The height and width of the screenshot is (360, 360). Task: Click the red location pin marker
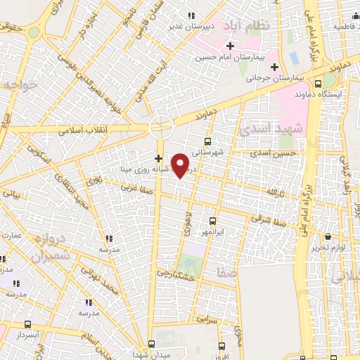(x=181, y=165)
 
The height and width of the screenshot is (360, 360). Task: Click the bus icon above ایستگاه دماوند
(x=319, y=83)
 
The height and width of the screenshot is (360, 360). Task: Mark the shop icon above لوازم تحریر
(x=329, y=237)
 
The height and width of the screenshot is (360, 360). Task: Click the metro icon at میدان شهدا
(x=151, y=345)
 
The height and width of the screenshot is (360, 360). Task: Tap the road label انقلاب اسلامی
(x=81, y=131)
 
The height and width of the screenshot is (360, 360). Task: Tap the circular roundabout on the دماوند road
(x=160, y=127)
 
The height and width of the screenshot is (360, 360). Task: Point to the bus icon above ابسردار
(x=27, y=325)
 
